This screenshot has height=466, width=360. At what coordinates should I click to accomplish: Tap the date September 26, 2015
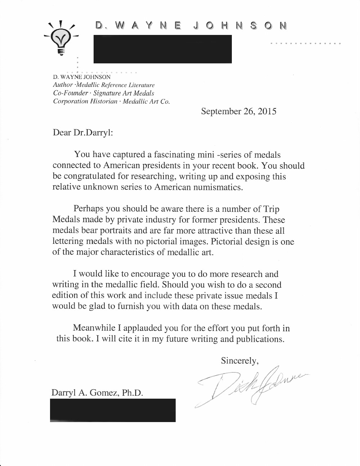point(239,111)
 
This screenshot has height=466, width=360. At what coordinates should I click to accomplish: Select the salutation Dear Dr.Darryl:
point(83,133)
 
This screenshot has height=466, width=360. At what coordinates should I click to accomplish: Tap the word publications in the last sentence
point(260,339)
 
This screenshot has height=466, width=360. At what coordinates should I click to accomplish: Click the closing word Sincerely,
point(240,360)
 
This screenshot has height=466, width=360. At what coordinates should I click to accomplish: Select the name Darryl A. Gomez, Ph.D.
point(97,393)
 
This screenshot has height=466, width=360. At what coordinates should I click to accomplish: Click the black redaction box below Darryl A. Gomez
point(113,410)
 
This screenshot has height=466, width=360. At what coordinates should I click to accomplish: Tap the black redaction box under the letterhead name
point(162,49)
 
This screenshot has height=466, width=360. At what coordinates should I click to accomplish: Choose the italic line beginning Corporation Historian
point(111,101)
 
